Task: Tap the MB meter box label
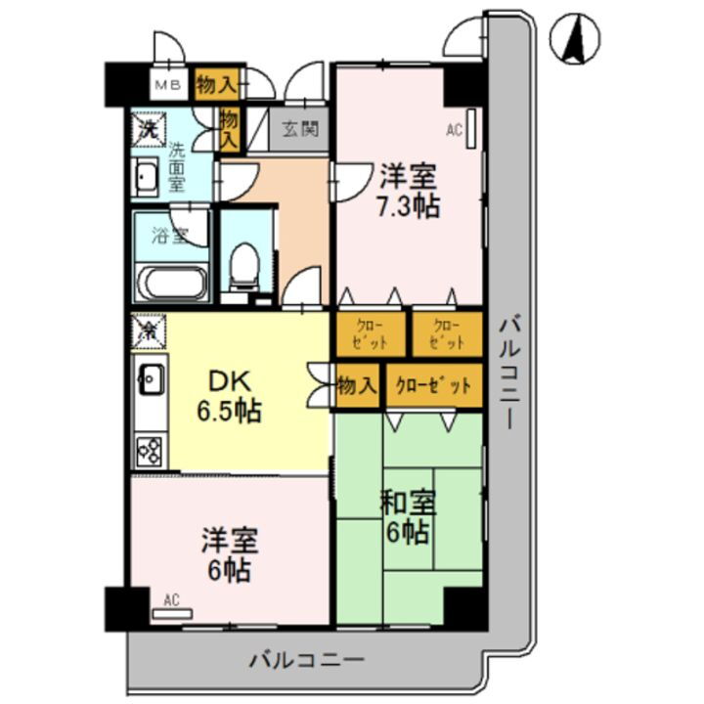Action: (164, 84)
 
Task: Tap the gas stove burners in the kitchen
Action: (151, 449)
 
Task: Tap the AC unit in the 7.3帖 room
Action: (471, 128)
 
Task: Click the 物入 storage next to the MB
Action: (215, 84)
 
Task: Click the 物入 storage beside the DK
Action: (357, 384)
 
